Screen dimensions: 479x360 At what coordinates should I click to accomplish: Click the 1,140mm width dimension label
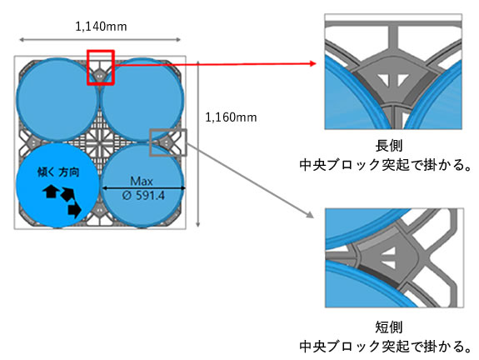pos(101,27)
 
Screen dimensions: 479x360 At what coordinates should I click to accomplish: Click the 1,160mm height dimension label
pos(231,117)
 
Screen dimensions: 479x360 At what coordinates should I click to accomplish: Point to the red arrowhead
pos(312,63)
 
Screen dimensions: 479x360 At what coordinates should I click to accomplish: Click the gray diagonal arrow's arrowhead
pos(310,214)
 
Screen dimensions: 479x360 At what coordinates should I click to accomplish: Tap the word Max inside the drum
pos(141,181)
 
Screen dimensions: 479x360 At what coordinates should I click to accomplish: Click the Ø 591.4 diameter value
pos(143,195)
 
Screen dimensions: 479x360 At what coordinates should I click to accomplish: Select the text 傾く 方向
pos(58,172)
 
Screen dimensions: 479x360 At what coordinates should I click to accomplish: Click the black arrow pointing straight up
pos(51,192)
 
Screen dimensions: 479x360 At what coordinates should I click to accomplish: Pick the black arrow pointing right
pos(75,210)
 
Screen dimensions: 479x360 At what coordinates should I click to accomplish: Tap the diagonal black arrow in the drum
pos(67,194)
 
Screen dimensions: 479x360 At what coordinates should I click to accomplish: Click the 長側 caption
pos(389,146)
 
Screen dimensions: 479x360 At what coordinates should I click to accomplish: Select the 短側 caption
pos(389,327)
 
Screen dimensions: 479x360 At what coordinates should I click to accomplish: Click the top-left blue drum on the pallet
pos(57,99)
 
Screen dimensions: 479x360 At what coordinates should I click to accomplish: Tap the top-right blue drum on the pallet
pos(142,99)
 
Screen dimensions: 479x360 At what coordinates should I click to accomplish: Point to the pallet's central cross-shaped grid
pos(100,142)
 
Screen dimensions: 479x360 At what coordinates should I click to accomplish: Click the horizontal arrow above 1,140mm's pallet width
pos(100,39)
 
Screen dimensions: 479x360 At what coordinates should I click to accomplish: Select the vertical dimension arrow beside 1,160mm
pos(198,144)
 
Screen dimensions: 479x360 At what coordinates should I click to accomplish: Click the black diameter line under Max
pos(143,188)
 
